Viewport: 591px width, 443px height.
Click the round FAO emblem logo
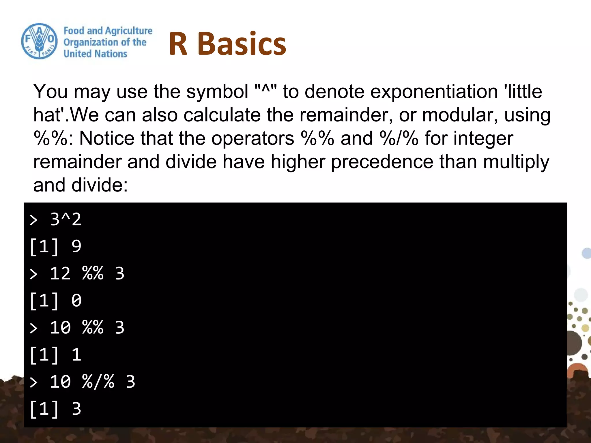[39, 41]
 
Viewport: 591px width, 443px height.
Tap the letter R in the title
[178, 44]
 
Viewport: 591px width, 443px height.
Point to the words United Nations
[95, 54]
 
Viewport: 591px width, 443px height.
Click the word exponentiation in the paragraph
[434, 92]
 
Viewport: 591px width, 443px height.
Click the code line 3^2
[66, 219]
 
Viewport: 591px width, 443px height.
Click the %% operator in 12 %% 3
[93, 273]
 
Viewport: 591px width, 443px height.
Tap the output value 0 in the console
[76, 301]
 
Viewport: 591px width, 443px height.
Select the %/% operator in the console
[98, 382]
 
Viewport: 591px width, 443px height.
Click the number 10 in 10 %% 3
[60, 328]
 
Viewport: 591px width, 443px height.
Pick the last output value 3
[76, 409]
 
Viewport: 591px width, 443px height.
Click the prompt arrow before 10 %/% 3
[34, 382]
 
